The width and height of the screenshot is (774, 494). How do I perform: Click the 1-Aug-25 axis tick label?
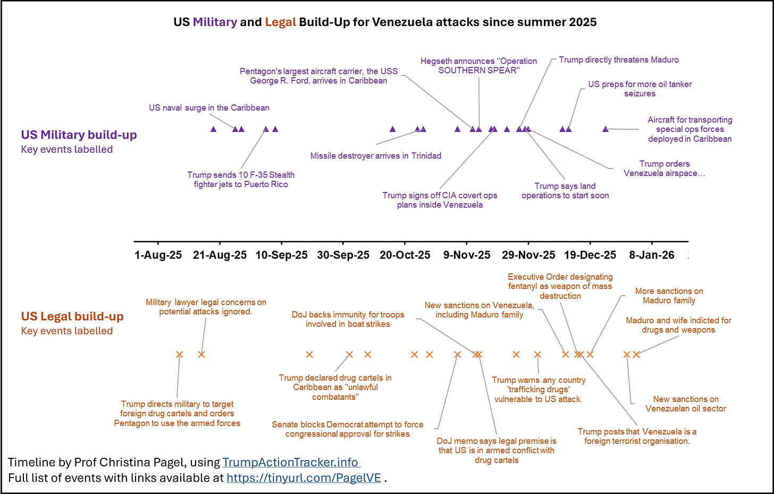(x=158, y=255)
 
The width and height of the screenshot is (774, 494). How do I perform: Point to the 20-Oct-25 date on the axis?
(x=405, y=255)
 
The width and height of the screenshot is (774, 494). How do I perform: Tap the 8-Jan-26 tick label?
(x=651, y=255)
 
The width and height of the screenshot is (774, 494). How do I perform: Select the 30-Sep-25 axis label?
(x=343, y=255)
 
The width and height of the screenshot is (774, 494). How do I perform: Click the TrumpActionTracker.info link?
(x=291, y=463)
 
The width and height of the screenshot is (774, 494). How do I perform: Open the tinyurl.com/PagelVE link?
(x=304, y=478)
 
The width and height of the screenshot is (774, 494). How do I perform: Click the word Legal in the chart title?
(x=280, y=22)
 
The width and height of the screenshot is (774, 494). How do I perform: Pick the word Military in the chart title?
(x=215, y=22)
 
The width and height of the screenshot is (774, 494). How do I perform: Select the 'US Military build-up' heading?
(x=79, y=135)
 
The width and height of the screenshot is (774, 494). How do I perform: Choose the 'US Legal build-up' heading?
(x=72, y=316)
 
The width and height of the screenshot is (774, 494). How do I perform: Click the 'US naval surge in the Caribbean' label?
(x=209, y=108)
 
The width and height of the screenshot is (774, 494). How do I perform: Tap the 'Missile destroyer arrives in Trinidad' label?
(x=376, y=156)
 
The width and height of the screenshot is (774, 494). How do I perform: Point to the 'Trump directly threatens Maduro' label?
(x=619, y=60)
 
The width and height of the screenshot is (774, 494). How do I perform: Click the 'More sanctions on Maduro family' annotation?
(x=669, y=296)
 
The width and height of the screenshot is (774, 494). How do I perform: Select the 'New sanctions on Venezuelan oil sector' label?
(x=686, y=404)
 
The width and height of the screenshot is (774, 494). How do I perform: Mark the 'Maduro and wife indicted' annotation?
(x=678, y=325)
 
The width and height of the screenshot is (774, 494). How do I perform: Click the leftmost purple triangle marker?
(x=214, y=129)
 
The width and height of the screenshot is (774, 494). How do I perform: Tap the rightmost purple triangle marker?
(x=605, y=129)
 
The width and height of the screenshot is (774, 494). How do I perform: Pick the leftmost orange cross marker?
(x=180, y=355)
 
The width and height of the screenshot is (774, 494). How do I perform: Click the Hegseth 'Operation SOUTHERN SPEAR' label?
(x=478, y=66)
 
